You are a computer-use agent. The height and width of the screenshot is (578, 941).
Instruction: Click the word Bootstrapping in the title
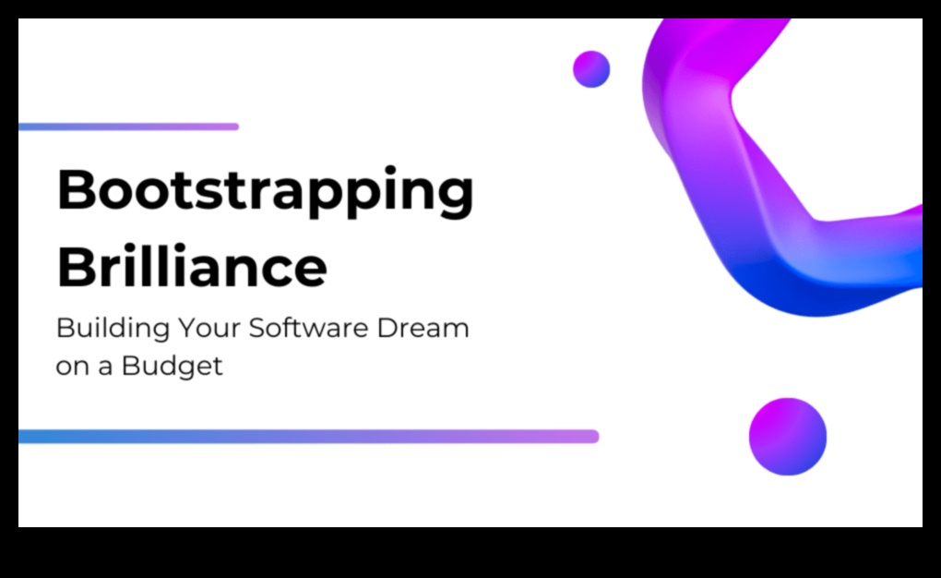[266, 192]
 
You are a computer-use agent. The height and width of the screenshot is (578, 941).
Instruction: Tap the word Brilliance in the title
[192, 266]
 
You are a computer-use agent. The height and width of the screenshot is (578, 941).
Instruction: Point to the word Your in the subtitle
[209, 328]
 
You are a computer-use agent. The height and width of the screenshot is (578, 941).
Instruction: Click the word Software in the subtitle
[308, 328]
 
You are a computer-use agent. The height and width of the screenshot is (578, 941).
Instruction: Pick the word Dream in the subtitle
[423, 328]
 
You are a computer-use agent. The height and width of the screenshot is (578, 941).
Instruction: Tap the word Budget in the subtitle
[172, 366]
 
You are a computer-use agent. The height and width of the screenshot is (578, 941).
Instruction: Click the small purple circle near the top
[591, 69]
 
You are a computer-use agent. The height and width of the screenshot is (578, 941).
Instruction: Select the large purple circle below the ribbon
[787, 437]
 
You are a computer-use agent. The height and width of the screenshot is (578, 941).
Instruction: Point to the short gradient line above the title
[128, 126]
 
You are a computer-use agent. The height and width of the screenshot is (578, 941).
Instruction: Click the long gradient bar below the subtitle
[308, 437]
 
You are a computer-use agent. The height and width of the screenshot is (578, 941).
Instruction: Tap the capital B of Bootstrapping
[77, 190]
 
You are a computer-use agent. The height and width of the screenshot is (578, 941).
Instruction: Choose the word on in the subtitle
[72, 367]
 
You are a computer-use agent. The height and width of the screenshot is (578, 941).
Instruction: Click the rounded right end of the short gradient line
[236, 126]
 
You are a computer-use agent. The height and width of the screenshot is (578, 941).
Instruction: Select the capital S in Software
[258, 328]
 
